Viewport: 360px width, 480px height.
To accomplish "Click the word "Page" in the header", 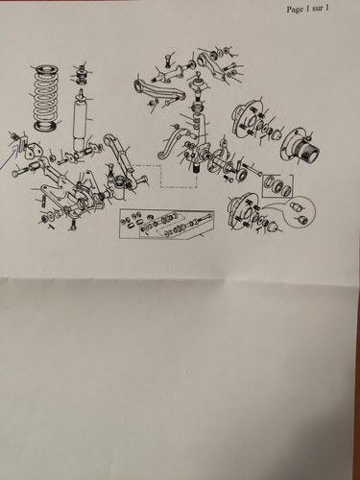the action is pyautogui.click(x=295, y=10).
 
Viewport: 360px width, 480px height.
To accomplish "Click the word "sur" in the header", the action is pyautogui.click(x=318, y=9).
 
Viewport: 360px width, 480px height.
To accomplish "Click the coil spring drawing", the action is pyautogui.click(x=47, y=98).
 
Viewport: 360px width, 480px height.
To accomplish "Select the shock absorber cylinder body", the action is pyautogui.click(x=81, y=122).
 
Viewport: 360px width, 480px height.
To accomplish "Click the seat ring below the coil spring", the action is pyautogui.click(x=47, y=126).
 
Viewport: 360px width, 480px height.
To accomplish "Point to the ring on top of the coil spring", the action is pyautogui.click(x=47, y=69).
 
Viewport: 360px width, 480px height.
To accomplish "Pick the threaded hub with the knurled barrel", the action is pyautogui.click(x=300, y=148).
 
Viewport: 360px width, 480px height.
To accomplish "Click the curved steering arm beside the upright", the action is pyautogui.click(x=171, y=141).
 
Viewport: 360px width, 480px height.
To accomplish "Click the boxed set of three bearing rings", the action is pyautogui.click(x=277, y=186).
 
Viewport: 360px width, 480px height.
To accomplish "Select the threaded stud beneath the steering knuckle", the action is pyautogui.click(x=194, y=166).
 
